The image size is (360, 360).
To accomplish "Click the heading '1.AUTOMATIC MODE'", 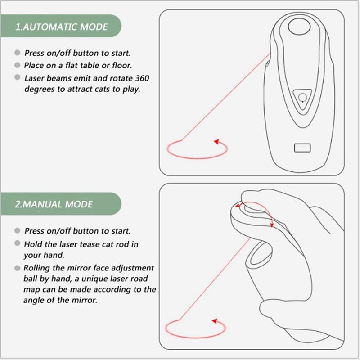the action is pos(61,27).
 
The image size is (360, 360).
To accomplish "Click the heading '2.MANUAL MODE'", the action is pos(54,204).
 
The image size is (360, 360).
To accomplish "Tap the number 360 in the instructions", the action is pos(142,78).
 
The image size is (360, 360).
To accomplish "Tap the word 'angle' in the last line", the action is pos(34,300).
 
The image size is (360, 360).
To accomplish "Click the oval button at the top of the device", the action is pos(299,27).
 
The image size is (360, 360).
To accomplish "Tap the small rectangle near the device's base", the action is pos(302,148).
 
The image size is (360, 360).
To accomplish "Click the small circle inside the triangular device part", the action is pos(302,97).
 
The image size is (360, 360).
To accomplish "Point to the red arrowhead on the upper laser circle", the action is pos(217,142).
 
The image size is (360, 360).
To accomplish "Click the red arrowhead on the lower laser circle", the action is pos(215,321).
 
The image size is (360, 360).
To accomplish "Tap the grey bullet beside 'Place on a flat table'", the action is pos(18,65).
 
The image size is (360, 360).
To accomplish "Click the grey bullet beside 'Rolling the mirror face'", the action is pos(18,268).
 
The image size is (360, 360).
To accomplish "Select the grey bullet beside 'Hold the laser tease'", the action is pos(18,243).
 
